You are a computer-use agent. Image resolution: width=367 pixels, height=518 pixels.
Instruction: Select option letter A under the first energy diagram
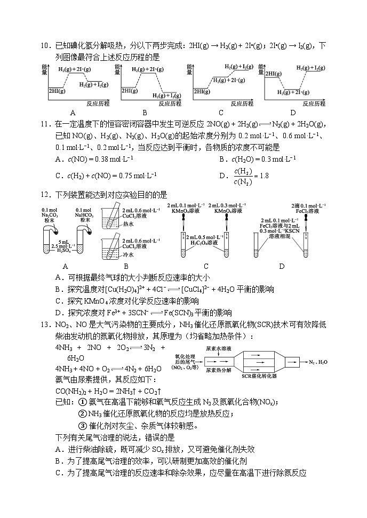[x=72, y=113]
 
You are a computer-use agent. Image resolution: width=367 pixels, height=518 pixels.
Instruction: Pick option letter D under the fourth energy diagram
[x=293, y=113]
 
